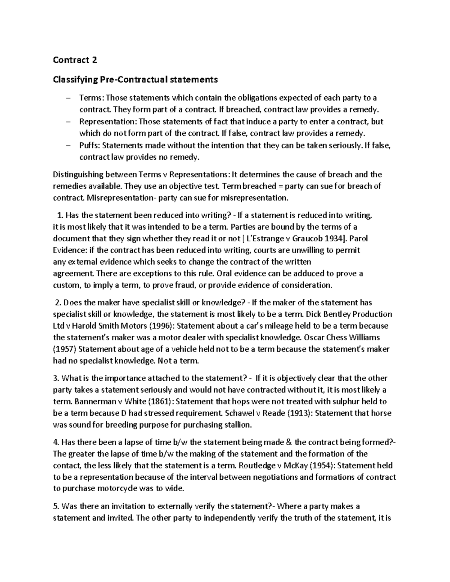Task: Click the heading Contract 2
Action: coord(75,60)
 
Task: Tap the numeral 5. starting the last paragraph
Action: coord(56,506)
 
